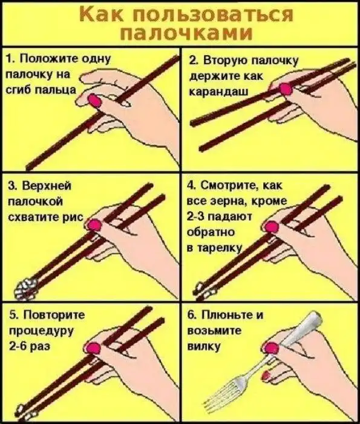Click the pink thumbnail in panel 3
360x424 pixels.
95,225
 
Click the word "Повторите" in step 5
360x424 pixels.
48,315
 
